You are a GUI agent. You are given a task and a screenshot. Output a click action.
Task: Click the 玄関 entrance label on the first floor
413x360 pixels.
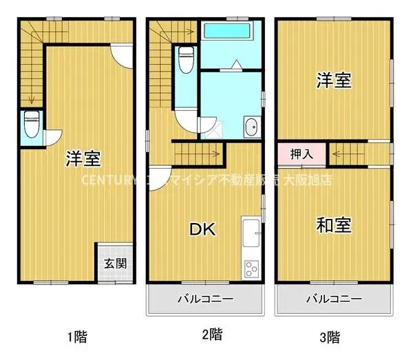(x=114, y=264)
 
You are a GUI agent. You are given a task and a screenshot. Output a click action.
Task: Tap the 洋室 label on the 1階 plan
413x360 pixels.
(x=84, y=159)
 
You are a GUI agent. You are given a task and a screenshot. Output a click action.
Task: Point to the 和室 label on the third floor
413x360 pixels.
(x=334, y=224)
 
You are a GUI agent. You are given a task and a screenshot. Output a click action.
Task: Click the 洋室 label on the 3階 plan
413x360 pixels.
(x=334, y=81)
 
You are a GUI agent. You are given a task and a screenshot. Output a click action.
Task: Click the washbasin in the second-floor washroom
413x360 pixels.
(x=251, y=126)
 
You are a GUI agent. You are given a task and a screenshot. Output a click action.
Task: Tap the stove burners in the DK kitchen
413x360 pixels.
(x=251, y=268)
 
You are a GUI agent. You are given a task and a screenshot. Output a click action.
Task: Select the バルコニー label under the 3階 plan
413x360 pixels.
(x=334, y=299)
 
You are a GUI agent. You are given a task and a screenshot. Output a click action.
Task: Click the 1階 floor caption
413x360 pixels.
(x=76, y=337)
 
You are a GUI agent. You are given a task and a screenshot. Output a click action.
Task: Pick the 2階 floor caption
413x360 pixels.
(x=211, y=335)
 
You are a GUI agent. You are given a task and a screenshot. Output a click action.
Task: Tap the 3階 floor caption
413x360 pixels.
(x=330, y=337)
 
